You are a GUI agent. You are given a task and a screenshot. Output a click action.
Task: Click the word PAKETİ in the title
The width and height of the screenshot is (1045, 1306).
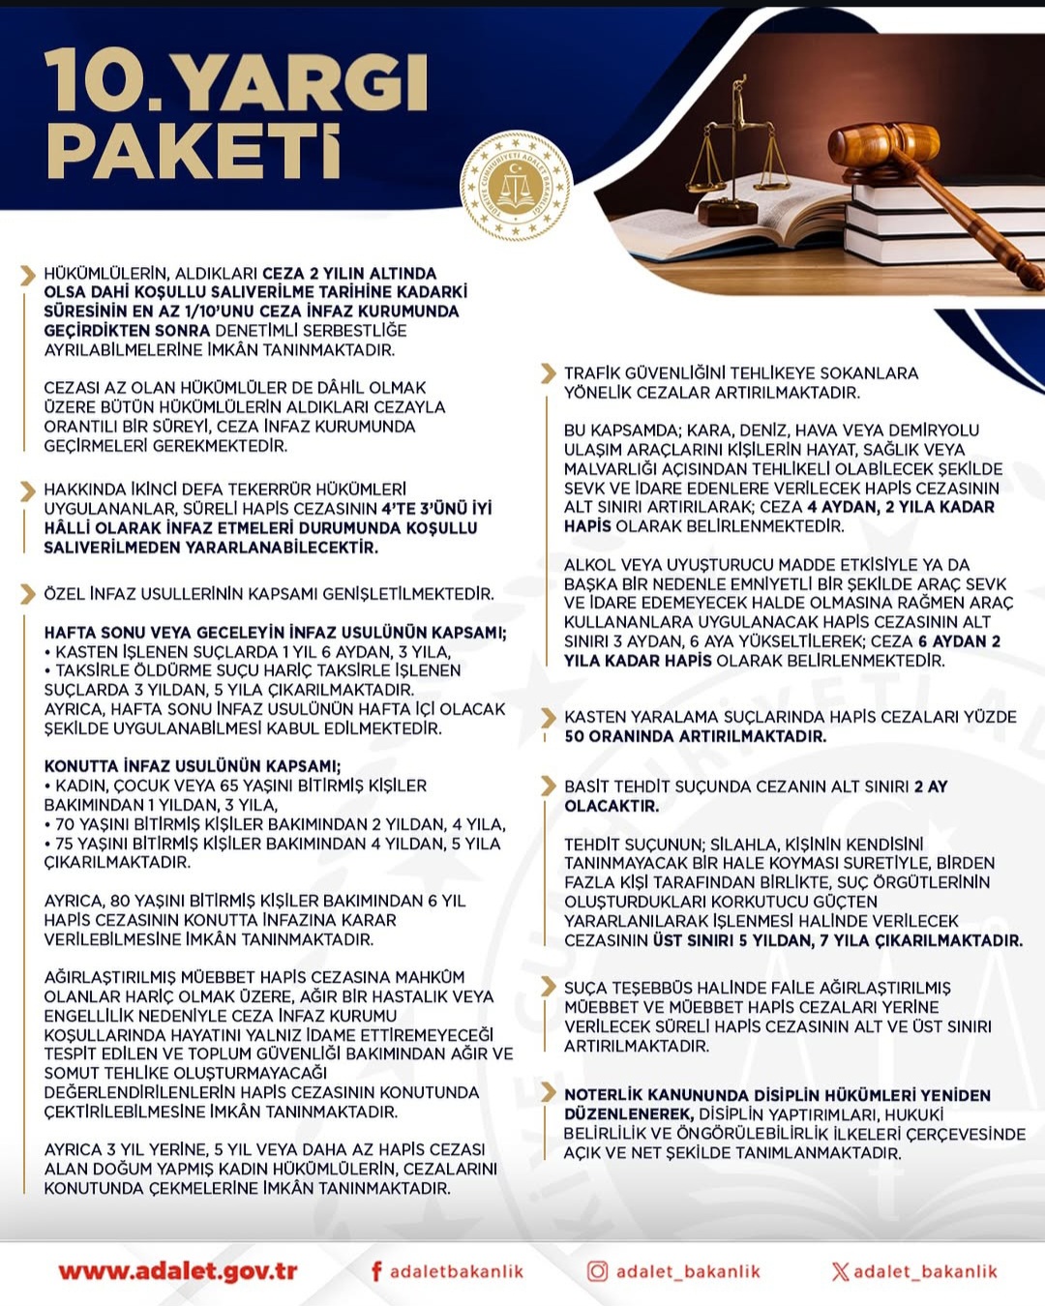[194, 152]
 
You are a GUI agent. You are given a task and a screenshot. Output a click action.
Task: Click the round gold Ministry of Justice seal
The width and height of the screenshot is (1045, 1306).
[516, 185]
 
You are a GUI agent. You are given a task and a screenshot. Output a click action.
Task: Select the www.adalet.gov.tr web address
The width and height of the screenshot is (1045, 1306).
[177, 1271]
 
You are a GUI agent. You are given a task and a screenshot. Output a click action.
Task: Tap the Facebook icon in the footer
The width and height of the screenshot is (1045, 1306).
[376, 1271]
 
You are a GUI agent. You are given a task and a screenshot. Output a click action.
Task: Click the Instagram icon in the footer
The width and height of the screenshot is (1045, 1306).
[598, 1271]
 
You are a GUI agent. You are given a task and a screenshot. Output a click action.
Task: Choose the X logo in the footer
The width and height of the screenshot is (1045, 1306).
[840, 1271]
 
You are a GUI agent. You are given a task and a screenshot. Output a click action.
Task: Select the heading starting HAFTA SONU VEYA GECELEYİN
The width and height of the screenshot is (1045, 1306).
[275, 633]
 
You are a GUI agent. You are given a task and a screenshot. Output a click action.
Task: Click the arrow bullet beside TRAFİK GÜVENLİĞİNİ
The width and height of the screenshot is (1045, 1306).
[548, 373]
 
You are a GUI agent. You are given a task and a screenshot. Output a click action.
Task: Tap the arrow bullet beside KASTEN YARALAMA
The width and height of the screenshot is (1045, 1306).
[548, 717]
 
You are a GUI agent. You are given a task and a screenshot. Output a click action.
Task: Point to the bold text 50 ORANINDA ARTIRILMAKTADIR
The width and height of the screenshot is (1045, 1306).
[696, 736]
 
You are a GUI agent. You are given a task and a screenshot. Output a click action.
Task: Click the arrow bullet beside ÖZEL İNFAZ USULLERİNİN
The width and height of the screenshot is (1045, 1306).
[28, 593]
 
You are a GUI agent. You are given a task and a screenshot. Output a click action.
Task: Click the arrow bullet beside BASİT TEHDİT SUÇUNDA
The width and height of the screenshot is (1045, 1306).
[548, 786]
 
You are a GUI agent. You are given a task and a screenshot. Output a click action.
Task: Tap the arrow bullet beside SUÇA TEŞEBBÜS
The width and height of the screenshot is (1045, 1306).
[548, 988]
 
